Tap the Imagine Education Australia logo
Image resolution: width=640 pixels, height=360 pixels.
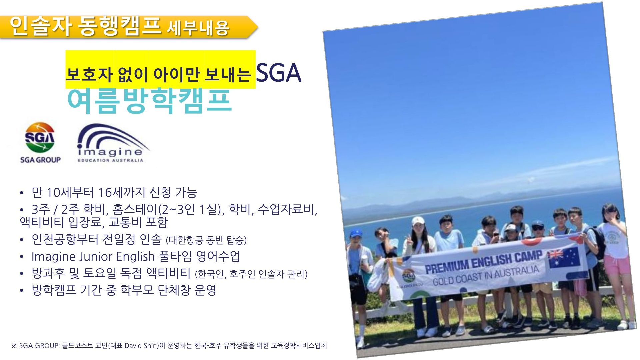click(x=112, y=143)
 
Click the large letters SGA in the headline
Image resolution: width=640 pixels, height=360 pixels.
click(x=279, y=73)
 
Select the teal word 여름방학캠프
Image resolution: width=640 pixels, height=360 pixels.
click(x=149, y=100)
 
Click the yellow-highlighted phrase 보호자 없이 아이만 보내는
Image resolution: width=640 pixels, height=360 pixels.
click(x=159, y=74)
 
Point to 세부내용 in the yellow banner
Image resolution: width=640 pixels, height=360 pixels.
click(x=198, y=28)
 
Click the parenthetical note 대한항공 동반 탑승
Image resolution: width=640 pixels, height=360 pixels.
click(x=206, y=240)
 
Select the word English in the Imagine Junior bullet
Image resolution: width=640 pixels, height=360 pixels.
click(x=135, y=257)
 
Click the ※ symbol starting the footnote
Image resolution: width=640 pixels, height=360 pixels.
click(x=14, y=346)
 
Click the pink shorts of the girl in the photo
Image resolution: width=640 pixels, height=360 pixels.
click(x=617, y=265)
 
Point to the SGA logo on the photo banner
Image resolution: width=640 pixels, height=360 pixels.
click(x=409, y=277)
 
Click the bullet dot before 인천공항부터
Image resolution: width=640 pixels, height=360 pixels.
click(x=22, y=240)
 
